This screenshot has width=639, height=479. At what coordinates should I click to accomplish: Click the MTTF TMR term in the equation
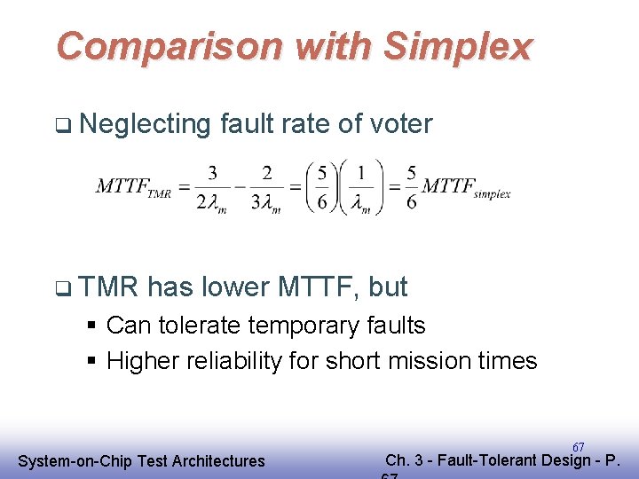pos(133,187)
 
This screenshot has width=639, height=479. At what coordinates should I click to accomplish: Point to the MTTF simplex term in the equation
pos(466,187)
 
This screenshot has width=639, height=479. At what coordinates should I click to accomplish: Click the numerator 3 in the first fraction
pos(213,172)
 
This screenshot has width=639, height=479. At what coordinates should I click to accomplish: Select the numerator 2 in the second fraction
pos(267,172)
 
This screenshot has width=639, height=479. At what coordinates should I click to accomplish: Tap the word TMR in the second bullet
pos(109,287)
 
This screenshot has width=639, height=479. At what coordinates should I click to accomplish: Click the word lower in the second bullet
pos(238,287)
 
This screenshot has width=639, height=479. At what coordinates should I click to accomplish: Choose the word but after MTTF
pos(388,287)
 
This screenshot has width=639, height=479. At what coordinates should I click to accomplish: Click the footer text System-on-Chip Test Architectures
pos(141,460)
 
